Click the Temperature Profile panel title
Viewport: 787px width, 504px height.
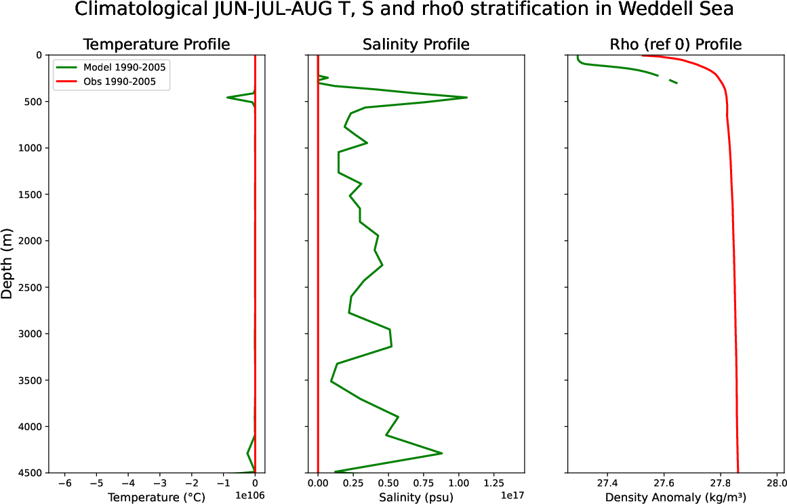156,45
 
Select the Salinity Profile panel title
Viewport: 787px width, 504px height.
416,45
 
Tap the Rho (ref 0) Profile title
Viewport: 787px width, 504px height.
676,45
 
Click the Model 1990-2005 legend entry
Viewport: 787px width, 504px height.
124,67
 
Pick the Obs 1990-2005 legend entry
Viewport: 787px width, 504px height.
120,82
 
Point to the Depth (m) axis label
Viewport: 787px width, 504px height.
8,263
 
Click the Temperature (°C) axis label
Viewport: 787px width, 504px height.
156,497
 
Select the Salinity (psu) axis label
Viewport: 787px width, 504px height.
416,497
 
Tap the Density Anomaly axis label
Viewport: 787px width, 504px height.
676,497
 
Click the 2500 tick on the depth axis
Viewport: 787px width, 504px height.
28,288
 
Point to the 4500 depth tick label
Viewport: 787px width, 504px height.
28,473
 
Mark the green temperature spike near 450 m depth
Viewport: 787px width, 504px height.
228,98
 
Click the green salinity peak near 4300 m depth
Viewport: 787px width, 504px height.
442,453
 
